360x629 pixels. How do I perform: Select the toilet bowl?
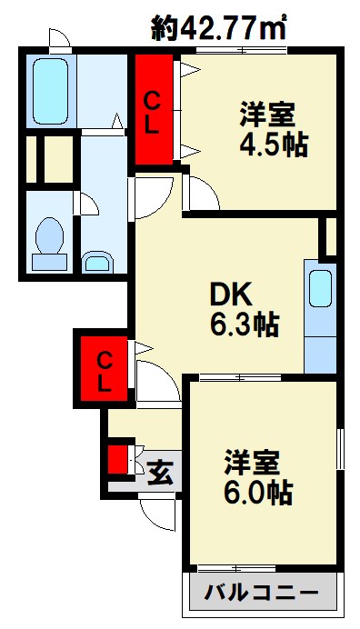point(48,241)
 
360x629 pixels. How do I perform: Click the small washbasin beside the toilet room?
point(95,264)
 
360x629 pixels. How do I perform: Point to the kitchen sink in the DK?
point(321,288)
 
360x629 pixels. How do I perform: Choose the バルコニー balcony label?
point(260,592)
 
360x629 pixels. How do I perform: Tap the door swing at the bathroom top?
point(59,38)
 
